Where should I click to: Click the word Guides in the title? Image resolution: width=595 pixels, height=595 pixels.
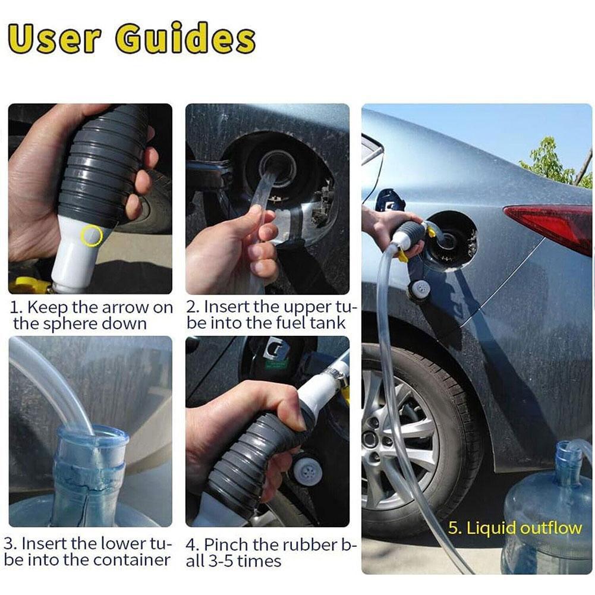(185, 40)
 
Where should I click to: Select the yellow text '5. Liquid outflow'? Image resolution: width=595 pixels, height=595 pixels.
(515, 528)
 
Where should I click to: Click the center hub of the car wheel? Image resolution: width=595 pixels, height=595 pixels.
(371, 439)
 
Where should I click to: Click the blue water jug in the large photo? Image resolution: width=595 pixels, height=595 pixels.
(547, 517)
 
